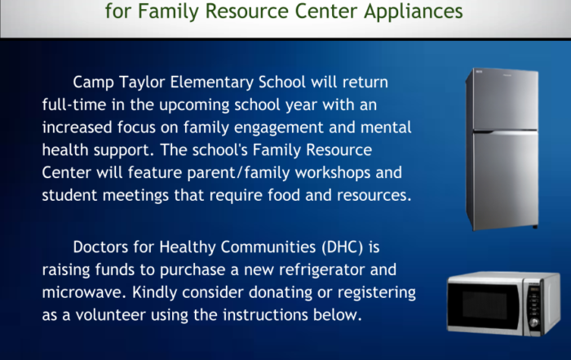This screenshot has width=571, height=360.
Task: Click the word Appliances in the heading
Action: tap(414, 11)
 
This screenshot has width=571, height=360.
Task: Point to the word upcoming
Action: tap(194, 105)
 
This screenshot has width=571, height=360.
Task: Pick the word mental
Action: tap(386, 127)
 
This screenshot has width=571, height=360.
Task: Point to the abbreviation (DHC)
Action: tap(343, 247)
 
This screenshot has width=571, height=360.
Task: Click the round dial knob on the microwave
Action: tap(534, 322)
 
